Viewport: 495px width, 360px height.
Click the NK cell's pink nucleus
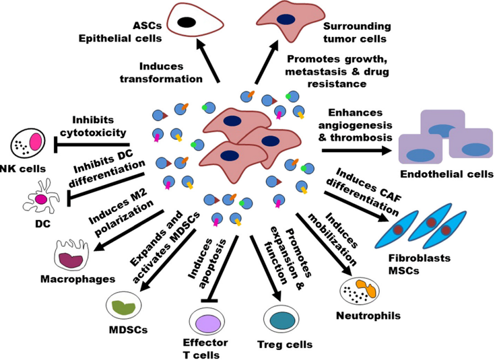pyautogui.click(x=35, y=141)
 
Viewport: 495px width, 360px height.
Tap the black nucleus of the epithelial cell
pyautogui.click(x=187, y=22)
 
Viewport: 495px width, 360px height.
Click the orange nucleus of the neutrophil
pyautogui.click(x=366, y=288)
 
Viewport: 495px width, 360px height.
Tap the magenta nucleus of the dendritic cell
pyautogui.click(x=41, y=199)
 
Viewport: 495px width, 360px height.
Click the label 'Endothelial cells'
pyautogui.click(x=447, y=174)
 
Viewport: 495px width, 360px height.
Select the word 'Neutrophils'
pyautogui.click(x=368, y=316)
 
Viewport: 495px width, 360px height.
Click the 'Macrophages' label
pyautogui.click(x=78, y=279)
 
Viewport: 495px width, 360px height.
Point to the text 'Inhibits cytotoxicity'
pyautogui.click(x=93, y=127)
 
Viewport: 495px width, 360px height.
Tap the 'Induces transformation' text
pyautogui.click(x=162, y=73)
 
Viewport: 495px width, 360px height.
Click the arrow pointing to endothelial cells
pyautogui.click(x=356, y=150)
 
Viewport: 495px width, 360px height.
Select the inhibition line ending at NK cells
pyautogui.click(x=92, y=145)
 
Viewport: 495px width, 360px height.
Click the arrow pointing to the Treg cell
pyautogui.click(x=266, y=268)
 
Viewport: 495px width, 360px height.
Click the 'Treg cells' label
pyautogui.click(x=285, y=345)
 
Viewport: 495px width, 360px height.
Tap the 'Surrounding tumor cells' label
pyautogui.click(x=357, y=32)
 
